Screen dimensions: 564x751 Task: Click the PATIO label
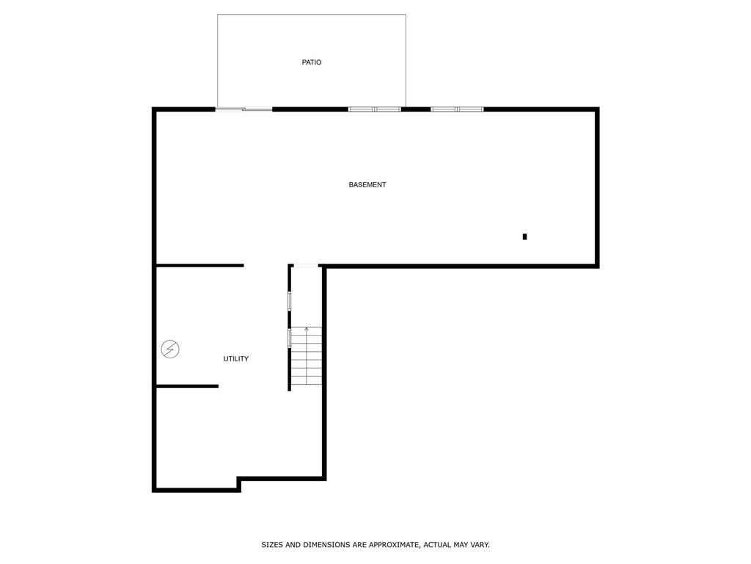click(312, 62)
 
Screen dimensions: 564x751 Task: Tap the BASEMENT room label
click(367, 185)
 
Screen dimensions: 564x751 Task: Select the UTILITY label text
click(236, 359)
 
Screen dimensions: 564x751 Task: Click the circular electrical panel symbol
click(170, 349)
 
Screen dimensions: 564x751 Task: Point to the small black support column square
click(524, 236)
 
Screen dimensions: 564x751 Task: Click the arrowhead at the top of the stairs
click(307, 329)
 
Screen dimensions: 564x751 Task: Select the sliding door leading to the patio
click(244, 109)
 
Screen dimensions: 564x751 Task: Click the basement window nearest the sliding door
click(375, 109)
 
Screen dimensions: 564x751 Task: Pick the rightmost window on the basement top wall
click(458, 109)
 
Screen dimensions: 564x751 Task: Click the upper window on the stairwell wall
click(290, 301)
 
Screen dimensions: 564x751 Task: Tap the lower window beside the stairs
click(290, 338)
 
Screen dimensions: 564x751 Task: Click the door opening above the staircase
click(306, 266)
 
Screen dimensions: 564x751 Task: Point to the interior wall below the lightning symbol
click(187, 386)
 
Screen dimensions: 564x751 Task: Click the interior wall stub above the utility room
click(199, 265)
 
